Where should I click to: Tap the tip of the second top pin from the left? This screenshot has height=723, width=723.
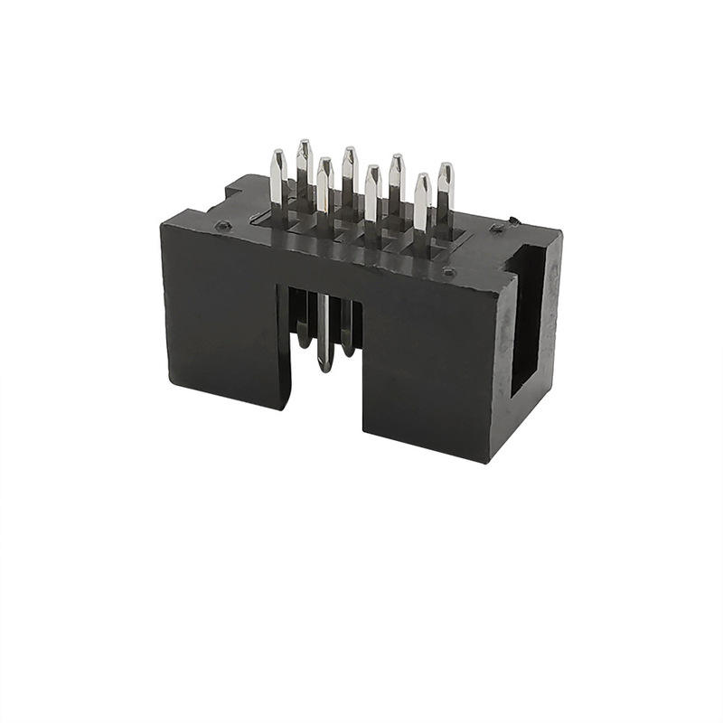point(304,145)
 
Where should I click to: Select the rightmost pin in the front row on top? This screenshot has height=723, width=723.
point(422,203)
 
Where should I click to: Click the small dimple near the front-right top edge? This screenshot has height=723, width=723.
point(449,271)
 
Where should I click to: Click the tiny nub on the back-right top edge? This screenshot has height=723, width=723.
point(512,220)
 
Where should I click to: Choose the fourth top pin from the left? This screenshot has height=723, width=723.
point(349,172)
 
